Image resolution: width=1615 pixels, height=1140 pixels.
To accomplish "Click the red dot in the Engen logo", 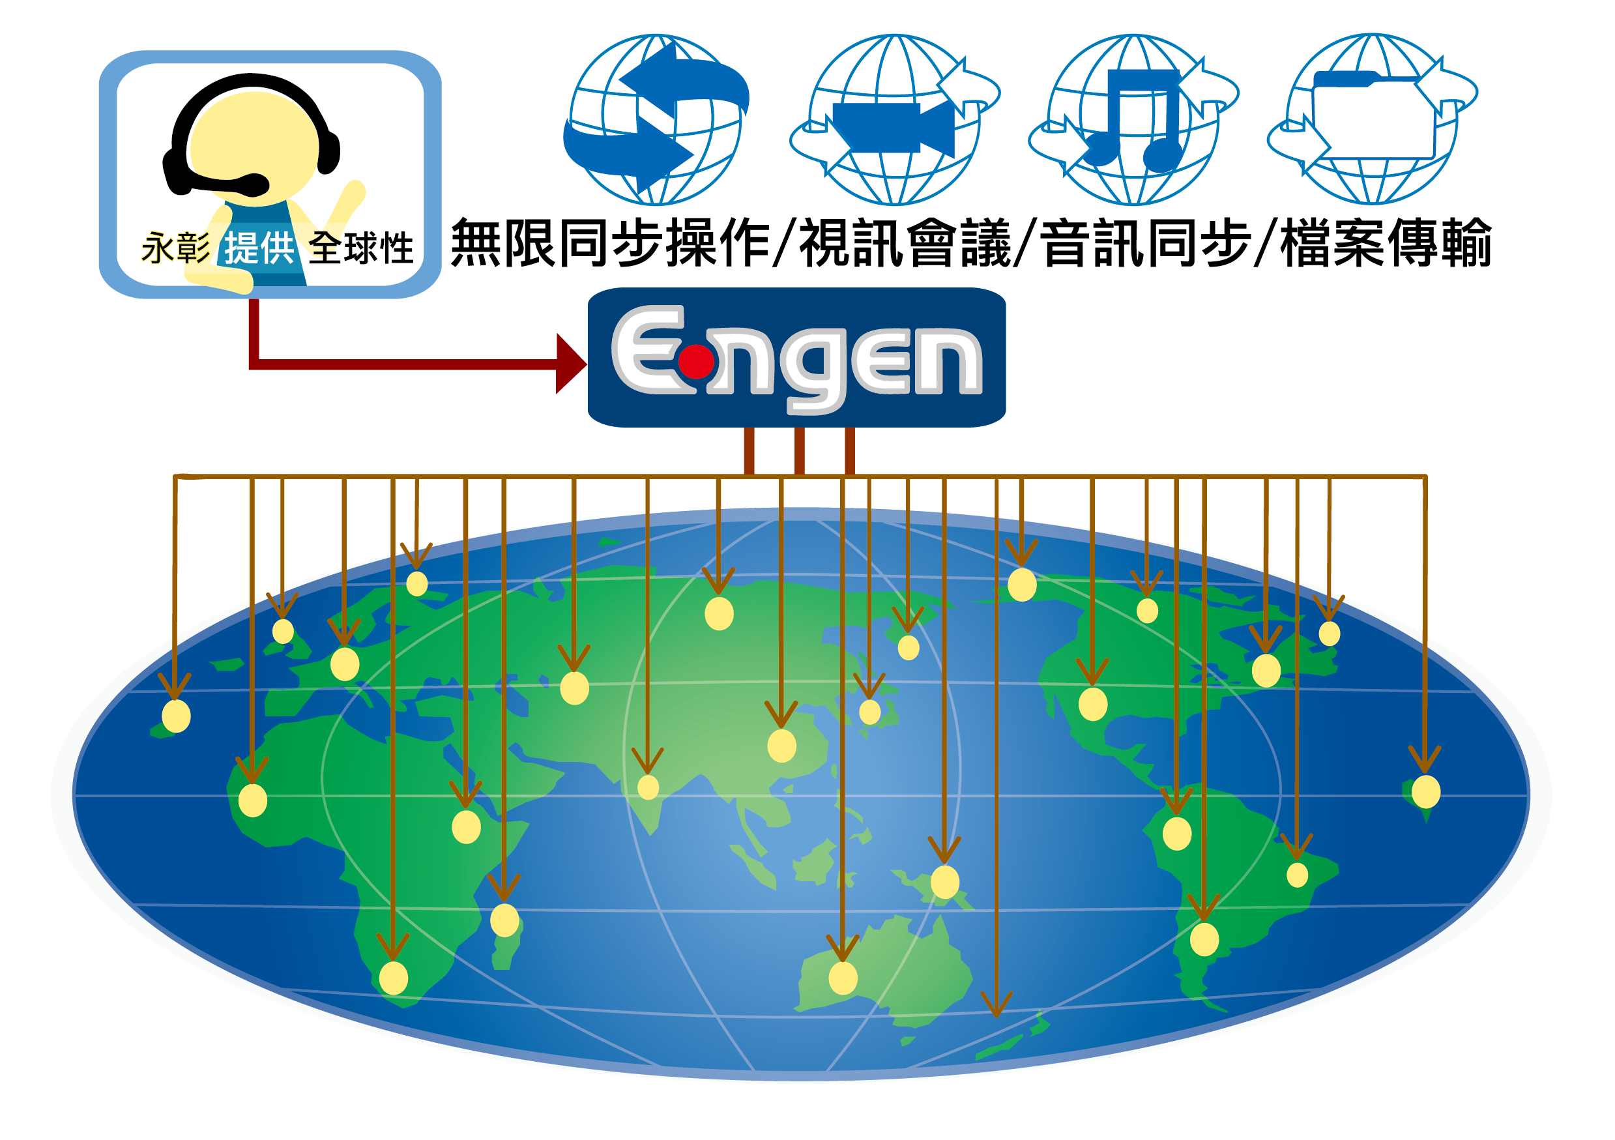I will click(x=696, y=362).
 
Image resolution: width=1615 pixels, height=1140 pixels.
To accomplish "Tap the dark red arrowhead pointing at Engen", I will click(x=570, y=364).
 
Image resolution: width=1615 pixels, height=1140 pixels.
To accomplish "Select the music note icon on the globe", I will click(x=1134, y=119).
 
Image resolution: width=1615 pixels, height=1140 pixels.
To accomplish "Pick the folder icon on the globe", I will click(x=1373, y=116).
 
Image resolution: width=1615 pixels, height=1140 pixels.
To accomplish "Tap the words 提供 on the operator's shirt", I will click(x=259, y=248).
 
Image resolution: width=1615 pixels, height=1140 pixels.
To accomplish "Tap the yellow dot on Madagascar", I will click(x=504, y=920).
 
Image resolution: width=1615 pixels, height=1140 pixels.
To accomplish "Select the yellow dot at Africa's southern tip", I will click(x=393, y=978).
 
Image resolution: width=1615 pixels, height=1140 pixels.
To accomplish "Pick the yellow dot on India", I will click(x=648, y=787).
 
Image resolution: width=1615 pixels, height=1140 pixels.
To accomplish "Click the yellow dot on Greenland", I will click(x=1021, y=585).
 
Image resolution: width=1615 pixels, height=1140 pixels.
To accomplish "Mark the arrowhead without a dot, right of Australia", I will click(x=996, y=1006).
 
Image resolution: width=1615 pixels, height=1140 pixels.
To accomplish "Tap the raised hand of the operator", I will click(x=352, y=194).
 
